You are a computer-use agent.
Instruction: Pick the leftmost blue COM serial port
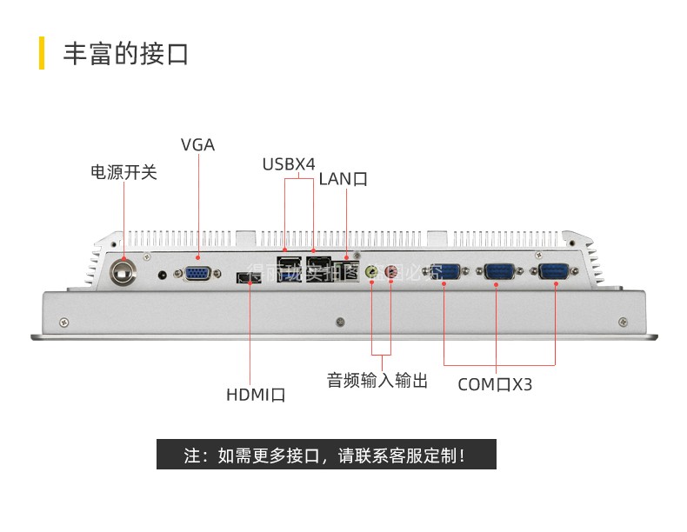pyautogui.click(x=444, y=273)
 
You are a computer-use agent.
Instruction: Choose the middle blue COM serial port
pyautogui.click(x=497, y=273)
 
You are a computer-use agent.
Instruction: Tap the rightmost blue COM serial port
pyautogui.click(x=554, y=273)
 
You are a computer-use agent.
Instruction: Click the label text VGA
pyautogui.click(x=197, y=145)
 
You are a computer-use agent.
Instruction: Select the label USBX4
pyautogui.click(x=289, y=164)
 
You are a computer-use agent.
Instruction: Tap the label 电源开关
pyautogui.click(x=123, y=172)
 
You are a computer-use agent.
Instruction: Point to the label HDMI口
pyautogui.click(x=256, y=395)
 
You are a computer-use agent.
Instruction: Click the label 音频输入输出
pyautogui.click(x=377, y=380)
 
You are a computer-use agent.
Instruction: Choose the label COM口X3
pyautogui.click(x=495, y=384)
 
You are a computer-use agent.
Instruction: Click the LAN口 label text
pyautogui.click(x=343, y=180)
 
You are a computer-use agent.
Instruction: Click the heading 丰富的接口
pyautogui.click(x=125, y=54)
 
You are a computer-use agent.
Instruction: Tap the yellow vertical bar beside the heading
pyautogui.click(x=42, y=54)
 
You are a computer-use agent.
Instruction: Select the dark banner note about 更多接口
pyautogui.click(x=326, y=455)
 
